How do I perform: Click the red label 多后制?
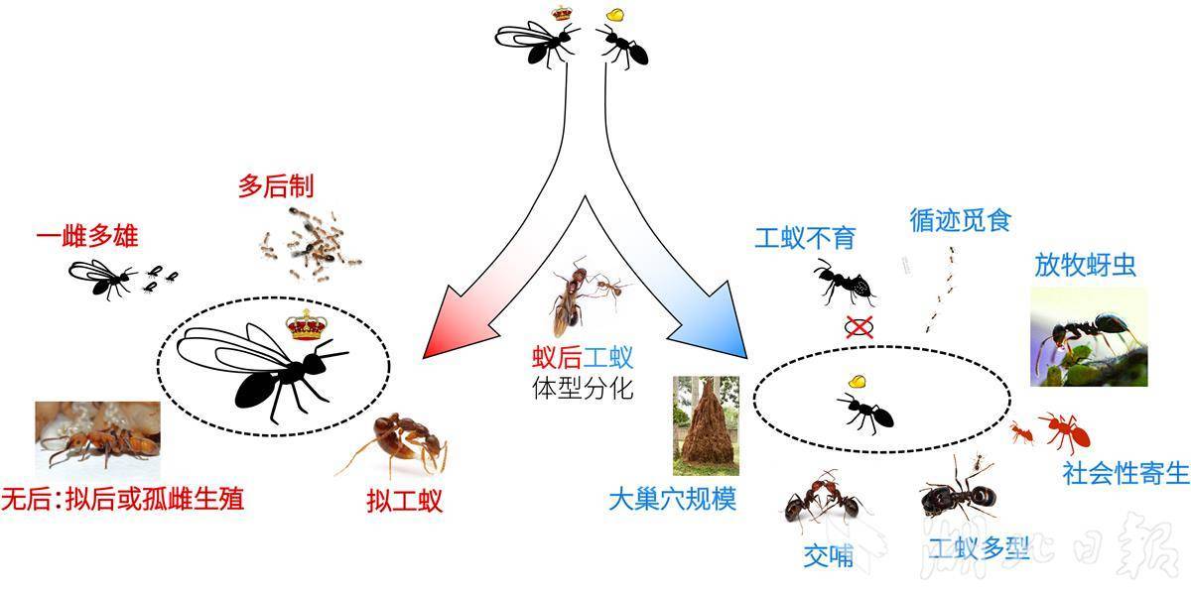pyautogui.click(x=276, y=186)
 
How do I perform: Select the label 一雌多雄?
pyautogui.click(x=87, y=236)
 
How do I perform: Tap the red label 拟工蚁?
pyautogui.click(x=405, y=501)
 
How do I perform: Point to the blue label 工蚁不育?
pyautogui.click(x=806, y=238)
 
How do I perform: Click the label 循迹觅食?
pyautogui.click(x=961, y=220)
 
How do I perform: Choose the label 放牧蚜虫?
pyautogui.click(x=1085, y=265)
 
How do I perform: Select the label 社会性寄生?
pyautogui.click(x=1125, y=473)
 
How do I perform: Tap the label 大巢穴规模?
pyautogui.click(x=673, y=499)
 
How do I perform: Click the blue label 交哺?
pyautogui.click(x=828, y=556)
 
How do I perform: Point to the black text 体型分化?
pyautogui.click(x=583, y=388)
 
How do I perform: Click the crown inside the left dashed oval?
pyautogui.click(x=307, y=325)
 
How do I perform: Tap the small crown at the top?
pyautogui.click(x=561, y=13)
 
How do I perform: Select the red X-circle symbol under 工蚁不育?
pyautogui.click(x=860, y=327)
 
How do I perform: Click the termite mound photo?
pyautogui.click(x=706, y=425)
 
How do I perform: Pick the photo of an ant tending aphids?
pyautogui.click(x=1089, y=337)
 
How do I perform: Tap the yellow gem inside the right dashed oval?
pyautogui.click(x=857, y=381)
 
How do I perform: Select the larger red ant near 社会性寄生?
pyautogui.click(x=1065, y=431)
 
